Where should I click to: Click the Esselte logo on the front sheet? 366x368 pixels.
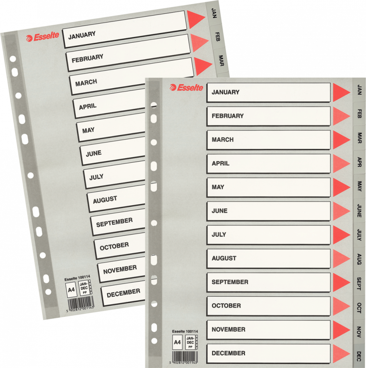pyautogui.click(x=186, y=88)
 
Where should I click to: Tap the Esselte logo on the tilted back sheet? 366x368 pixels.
pyautogui.click(x=42, y=37)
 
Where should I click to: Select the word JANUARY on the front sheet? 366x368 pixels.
pyautogui.click(x=225, y=92)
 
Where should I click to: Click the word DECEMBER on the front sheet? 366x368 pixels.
pyautogui.click(x=229, y=353)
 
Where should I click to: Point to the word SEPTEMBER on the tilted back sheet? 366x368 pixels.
pyautogui.click(x=114, y=222)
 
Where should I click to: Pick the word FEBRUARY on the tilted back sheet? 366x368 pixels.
pyautogui.click(x=87, y=59)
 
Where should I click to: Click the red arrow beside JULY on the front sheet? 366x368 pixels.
pyautogui.click(x=341, y=234)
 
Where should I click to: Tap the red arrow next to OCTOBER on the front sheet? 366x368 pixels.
pyautogui.click(x=341, y=306)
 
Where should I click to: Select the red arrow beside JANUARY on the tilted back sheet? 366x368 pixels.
pyautogui.click(x=195, y=19)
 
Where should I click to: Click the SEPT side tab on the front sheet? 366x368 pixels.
pyautogui.click(x=359, y=283)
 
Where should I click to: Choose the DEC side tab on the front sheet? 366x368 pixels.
pyautogui.click(x=359, y=356)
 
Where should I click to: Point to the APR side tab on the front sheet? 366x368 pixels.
pyautogui.click(x=359, y=162)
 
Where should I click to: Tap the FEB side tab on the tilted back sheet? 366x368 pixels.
pyautogui.click(x=217, y=37)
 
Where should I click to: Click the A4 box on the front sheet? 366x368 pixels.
pyautogui.click(x=177, y=342)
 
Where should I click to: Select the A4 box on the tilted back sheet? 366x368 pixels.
pyautogui.click(x=71, y=290)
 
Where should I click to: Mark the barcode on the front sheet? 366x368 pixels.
pyautogui.click(x=185, y=357)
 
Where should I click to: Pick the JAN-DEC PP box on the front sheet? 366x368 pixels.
pyautogui.click(x=190, y=342)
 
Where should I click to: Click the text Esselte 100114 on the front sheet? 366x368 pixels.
pyautogui.click(x=185, y=332)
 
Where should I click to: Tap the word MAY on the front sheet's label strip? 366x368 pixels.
pyautogui.click(x=218, y=187)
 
